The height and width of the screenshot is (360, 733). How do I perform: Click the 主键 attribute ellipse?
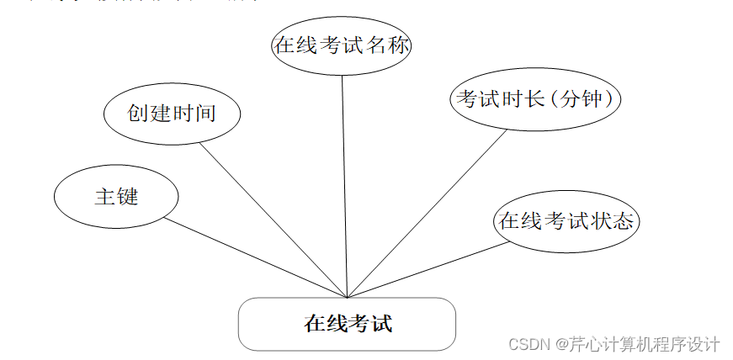116,197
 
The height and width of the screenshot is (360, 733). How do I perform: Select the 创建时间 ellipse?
173,114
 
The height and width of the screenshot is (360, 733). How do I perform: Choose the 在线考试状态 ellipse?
566,221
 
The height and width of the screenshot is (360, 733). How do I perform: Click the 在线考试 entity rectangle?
347,324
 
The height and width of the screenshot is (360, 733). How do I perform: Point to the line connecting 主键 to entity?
252,257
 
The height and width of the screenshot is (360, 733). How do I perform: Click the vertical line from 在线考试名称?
344,185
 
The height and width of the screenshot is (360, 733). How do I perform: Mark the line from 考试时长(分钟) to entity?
425,214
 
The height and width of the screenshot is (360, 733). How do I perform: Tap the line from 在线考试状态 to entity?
425,271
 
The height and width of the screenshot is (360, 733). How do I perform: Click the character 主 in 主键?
104,197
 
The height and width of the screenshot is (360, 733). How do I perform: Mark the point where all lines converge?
347,297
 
